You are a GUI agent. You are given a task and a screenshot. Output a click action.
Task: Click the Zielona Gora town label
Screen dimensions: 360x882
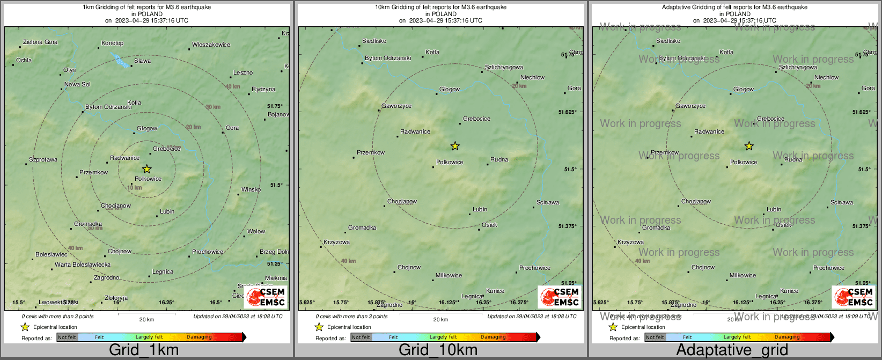click(40, 42)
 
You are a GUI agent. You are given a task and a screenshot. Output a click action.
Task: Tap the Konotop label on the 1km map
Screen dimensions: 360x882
click(113, 43)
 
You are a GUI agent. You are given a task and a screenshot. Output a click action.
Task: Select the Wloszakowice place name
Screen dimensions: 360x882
click(211, 45)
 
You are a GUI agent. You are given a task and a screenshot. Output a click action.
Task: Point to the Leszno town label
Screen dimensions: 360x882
click(243, 72)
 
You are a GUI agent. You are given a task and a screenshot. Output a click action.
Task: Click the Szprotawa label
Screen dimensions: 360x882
click(43, 159)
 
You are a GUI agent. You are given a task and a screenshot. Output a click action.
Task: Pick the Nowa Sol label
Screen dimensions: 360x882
click(78, 84)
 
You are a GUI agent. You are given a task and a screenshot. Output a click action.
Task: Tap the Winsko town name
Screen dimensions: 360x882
click(251, 189)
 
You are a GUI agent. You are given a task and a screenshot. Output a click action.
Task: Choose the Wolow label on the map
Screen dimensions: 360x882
click(256, 231)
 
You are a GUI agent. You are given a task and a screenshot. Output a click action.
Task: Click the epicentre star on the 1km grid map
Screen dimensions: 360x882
click(147, 169)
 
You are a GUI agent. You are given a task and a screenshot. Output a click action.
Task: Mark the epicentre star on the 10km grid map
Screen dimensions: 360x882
click(455, 146)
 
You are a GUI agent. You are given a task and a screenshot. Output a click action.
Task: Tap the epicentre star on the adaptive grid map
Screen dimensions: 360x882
click(749, 146)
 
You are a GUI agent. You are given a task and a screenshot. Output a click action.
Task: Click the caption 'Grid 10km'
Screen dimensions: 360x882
click(438, 350)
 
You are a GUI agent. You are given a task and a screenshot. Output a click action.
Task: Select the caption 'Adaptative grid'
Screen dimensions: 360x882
click(732, 350)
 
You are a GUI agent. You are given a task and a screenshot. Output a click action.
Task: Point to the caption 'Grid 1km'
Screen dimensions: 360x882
click(144, 350)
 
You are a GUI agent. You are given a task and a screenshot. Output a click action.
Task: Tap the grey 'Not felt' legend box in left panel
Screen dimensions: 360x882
click(67, 337)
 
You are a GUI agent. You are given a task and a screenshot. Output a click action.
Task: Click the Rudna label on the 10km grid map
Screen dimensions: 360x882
click(499, 159)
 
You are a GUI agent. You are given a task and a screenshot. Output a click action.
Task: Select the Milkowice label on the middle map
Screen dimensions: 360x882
click(449, 275)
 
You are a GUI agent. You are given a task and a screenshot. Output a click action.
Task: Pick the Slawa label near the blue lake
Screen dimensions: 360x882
click(143, 61)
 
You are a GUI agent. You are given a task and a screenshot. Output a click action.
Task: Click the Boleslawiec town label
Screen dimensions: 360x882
click(52, 254)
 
